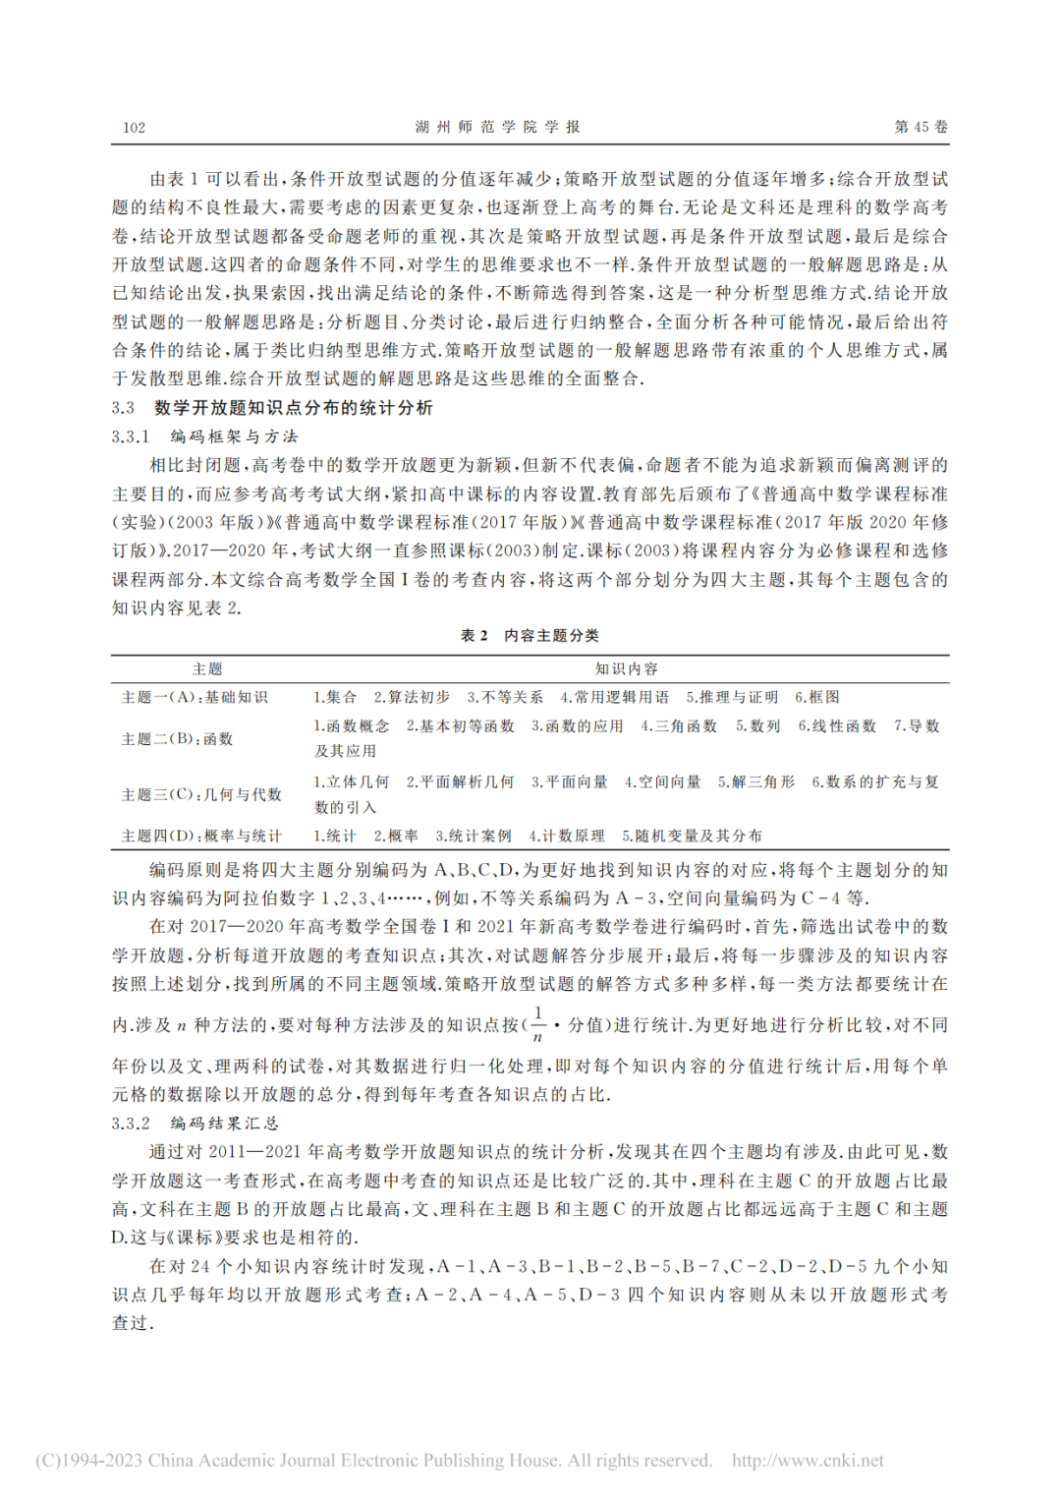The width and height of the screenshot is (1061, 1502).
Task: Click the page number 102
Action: point(134,128)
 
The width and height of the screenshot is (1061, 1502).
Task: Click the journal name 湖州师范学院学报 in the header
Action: point(497,127)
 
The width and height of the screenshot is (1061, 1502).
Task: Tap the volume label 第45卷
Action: point(921,127)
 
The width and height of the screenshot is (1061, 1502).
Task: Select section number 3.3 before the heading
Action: point(123,408)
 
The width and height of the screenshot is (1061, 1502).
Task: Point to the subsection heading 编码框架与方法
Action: point(234,436)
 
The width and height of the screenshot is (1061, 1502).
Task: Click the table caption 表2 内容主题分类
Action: point(530,636)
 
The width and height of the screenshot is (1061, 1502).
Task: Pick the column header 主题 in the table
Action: point(207,669)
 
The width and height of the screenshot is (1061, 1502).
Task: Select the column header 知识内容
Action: point(627,669)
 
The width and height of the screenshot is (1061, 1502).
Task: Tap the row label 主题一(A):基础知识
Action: point(195,697)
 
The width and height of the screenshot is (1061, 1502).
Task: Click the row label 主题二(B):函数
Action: point(177,738)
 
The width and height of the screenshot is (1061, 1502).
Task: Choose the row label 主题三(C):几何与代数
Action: point(201,794)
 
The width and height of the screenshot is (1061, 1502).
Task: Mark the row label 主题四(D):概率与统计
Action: point(201,836)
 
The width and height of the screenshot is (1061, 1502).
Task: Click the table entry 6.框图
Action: point(817,697)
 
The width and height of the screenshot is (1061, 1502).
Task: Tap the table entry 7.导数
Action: point(917,726)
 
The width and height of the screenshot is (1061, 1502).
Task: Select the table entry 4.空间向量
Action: point(663,782)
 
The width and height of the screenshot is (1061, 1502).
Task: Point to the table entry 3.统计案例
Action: point(474,836)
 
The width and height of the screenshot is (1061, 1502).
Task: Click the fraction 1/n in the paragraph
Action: point(537,1024)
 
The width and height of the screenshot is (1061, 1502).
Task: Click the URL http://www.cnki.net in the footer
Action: point(808,1461)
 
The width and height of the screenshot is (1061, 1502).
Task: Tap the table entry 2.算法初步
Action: point(412,697)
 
